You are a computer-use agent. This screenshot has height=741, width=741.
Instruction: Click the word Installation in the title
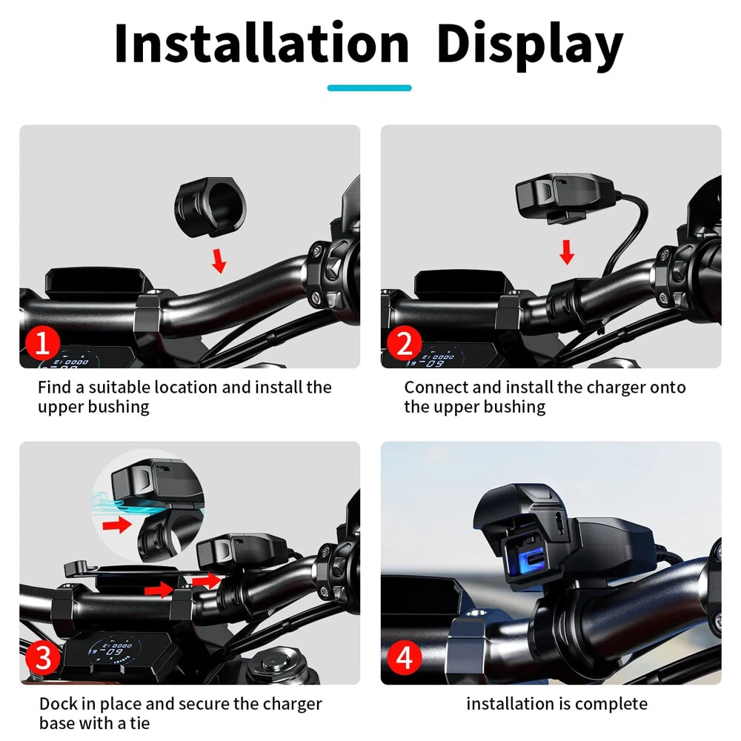point(262,44)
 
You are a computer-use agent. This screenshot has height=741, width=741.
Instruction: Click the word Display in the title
point(531,46)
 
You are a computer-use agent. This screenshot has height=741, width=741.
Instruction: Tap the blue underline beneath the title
point(369,88)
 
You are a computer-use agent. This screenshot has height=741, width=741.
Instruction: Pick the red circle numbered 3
point(42,658)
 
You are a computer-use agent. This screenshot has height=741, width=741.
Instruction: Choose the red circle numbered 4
point(404,658)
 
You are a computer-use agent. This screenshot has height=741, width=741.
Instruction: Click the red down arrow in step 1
point(219,261)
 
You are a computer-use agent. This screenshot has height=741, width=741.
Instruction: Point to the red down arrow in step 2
point(567,252)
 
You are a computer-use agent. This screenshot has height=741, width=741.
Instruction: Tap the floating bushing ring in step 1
point(210,206)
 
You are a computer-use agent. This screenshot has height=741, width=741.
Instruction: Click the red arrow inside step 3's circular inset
point(117,524)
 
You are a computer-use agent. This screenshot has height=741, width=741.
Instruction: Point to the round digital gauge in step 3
point(113,651)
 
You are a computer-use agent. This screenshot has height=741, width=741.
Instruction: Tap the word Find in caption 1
point(54,388)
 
